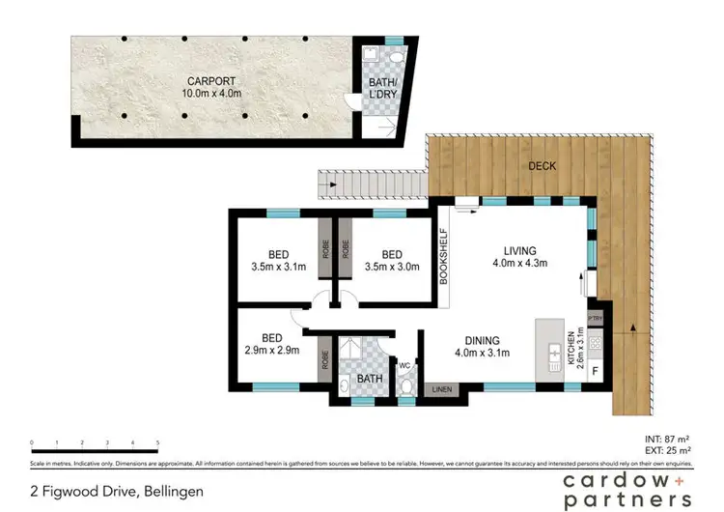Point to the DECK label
542,166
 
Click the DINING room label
480,340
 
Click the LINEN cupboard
441,389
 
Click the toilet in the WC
405,387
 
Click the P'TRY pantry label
595,317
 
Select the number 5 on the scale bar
157,443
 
